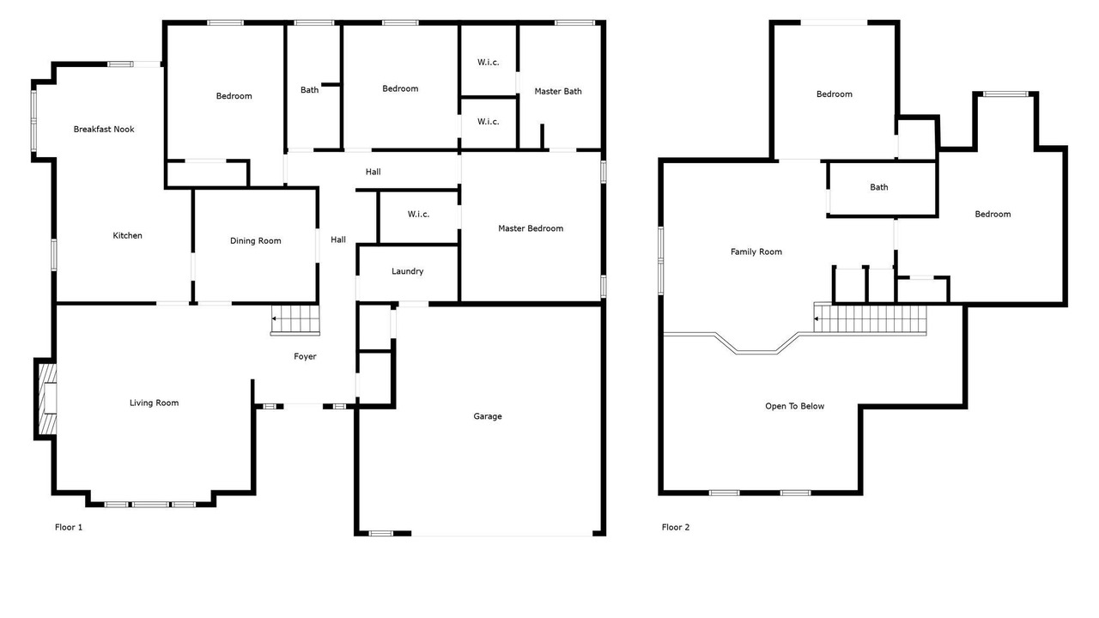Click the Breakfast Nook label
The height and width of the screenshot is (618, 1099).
pyautogui.click(x=104, y=129)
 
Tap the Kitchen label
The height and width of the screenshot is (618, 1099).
pyautogui.click(x=128, y=235)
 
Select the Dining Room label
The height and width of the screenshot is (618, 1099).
pyautogui.click(x=256, y=241)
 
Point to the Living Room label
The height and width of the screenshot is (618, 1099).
pyautogui.click(x=154, y=403)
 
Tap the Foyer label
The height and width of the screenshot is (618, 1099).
pyautogui.click(x=305, y=356)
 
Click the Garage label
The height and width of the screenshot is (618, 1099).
pyautogui.click(x=488, y=416)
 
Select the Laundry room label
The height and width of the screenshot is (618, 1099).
pyautogui.click(x=407, y=271)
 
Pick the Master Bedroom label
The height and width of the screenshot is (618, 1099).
pyautogui.click(x=531, y=228)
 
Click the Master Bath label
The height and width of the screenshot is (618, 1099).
pyautogui.click(x=558, y=91)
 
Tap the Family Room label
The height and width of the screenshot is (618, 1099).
pyautogui.click(x=756, y=251)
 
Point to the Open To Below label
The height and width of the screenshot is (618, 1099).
pyautogui.click(x=795, y=406)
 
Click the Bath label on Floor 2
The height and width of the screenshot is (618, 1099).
pyautogui.click(x=878, y=187)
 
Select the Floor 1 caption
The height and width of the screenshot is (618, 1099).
pyautogui.click(x=69, y=527)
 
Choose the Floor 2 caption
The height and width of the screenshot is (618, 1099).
pyautogui.click(x=676, y=527)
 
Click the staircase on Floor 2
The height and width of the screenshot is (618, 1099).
pyautogui.click(x=871, y=318)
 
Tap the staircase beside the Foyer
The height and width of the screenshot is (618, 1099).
pyautogui.click(x=295, y=320)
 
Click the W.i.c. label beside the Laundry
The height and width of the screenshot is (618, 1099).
pyautogui.click(x=418, y=215)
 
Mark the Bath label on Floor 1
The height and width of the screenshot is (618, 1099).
pyautogui.click(x=310, y=90)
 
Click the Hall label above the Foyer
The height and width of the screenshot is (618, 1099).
pyautogui.click(x=338, y=239)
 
